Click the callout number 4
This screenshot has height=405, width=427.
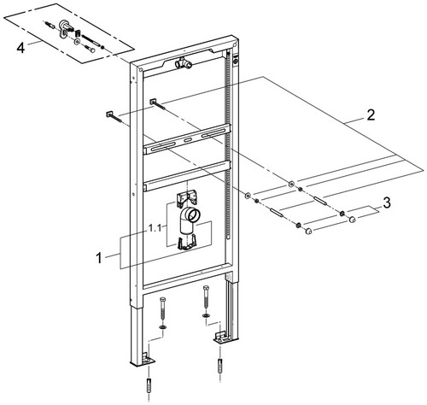pos(20,48)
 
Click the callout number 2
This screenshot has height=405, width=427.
pos(371,115)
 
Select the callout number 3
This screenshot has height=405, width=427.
pos(386,203)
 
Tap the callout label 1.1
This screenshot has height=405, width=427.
pos(155,228)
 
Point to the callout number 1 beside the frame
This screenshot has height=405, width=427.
pos(98,259)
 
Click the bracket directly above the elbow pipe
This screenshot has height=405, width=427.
pos(188,197)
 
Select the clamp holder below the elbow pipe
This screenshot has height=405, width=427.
pos(186,243)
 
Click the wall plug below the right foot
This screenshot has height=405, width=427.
pos(219,365)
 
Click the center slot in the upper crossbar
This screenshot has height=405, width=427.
pos(188,140)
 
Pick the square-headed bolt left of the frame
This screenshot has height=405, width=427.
pos(114,117)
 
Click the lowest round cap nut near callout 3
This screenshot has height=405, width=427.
pos(308,232)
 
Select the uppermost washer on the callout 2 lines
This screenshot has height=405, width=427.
pos(290,184)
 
